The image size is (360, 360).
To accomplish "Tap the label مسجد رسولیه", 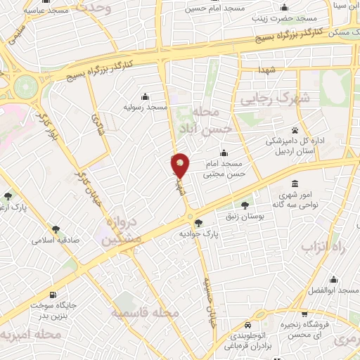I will (145, 107).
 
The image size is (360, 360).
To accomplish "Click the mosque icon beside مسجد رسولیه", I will (145, 96).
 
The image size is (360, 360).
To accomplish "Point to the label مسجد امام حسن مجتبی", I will (224, 167).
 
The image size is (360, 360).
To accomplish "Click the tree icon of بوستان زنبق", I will (245, 206).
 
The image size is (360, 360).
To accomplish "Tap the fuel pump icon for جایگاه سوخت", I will (54, 294).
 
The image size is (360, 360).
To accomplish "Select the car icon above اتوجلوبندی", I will (249, 326).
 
